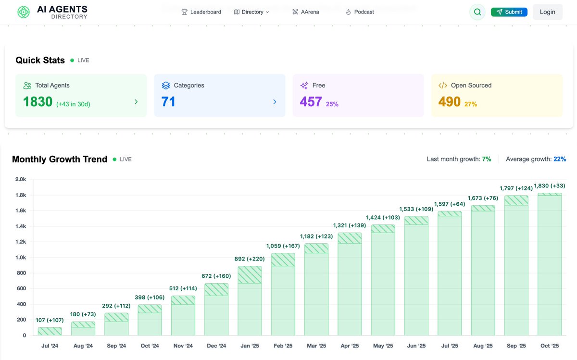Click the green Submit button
[509, 12]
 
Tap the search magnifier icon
[477, 12]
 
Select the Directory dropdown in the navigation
[251, 12]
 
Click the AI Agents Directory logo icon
[23, 12]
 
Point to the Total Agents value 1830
[38, 102]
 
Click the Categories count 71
[168, 102]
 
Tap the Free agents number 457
[311, 102]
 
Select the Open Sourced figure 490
[449, 102]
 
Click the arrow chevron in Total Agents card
[136, 102]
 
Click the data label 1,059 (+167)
[283, 246]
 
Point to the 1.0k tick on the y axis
[20, 258]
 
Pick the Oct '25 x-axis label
[549, 346]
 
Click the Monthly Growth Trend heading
[60, 160]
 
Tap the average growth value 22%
[560, 159]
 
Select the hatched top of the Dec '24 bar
[216, 289]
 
